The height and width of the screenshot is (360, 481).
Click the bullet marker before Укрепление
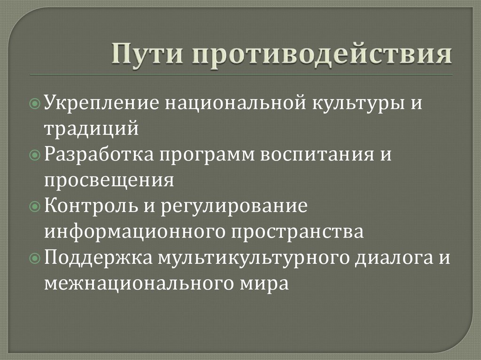pyautogui.click(x=39, y=103)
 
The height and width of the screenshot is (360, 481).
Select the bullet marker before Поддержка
pyautogui.click(x=39, y=258)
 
